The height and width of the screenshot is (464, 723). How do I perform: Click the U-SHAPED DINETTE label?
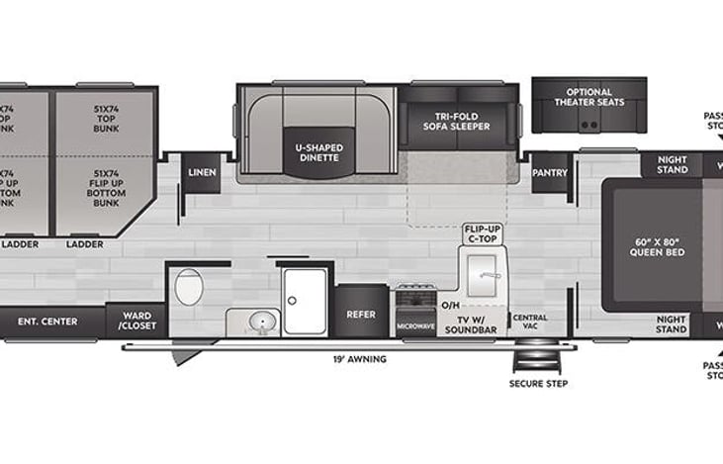pyautogui.click(x=319, y=153)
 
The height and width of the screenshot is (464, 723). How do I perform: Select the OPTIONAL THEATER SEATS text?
pyautogui.click(x=583, y=97)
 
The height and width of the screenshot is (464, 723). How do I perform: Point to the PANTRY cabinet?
pyautogui.click(x=550, y=171)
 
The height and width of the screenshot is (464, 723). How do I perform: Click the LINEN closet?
pyautogui.click(x=202, y=172)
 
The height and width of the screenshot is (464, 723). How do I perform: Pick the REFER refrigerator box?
pyautogui.click(x=359, y=315)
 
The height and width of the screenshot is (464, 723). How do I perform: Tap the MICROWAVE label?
pyautogui.click(x=415, y=325)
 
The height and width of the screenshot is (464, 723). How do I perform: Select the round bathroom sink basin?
pyautogui.click(x=262, y=322)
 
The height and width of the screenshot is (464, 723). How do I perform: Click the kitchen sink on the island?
pyautogui.click(x=485, y=272)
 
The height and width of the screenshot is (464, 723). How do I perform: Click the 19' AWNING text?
pyautogui.click(x=361, y=359)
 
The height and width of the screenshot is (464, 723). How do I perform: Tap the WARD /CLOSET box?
pyautogui.click(x=136, y=321)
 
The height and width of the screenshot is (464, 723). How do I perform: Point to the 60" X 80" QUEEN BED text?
pyautogui.click(x=659, y=246)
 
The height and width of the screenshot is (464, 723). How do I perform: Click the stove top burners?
pyautogui.click(x=415, y=296)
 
